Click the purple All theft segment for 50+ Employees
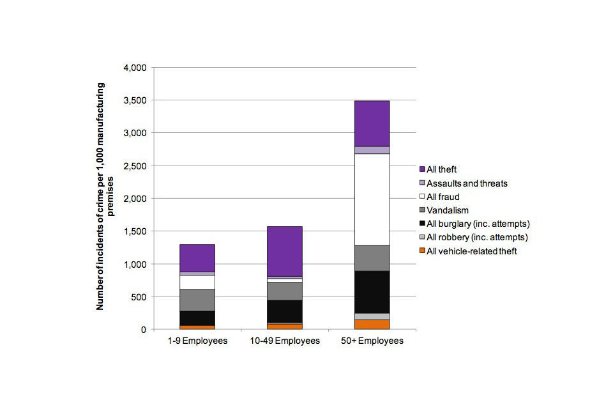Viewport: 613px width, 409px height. point(372,123)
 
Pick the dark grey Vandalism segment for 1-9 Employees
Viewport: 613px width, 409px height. point(197,300)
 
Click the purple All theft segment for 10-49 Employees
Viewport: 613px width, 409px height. point(285,251)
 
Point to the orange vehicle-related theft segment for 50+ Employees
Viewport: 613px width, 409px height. point(372,325)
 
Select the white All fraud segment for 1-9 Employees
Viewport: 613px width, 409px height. point(197,282)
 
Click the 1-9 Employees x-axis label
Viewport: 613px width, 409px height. point(197,341)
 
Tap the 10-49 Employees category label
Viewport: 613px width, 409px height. point(285,341)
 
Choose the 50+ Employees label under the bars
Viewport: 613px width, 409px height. point(372,341)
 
